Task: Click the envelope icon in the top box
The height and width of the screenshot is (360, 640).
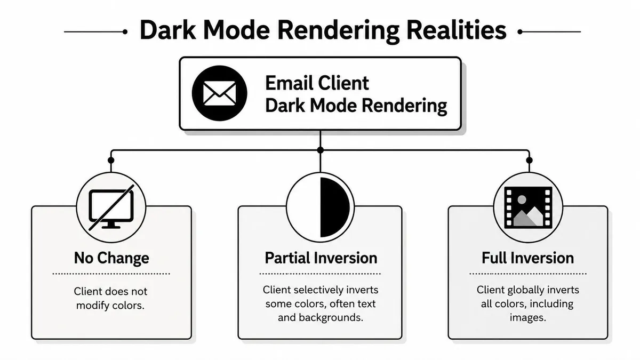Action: [219, 93]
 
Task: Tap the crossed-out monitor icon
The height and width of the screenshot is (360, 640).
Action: [111, 207]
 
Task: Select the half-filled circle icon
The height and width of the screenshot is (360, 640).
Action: [321, 207]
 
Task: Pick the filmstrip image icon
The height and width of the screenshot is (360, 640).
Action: [528, 207]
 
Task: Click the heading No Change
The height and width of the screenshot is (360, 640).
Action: [111, 258]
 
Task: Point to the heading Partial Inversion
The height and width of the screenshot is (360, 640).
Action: [321, 258]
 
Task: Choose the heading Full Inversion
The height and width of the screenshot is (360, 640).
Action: [527, 258]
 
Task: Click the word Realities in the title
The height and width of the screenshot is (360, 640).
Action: [457, 30]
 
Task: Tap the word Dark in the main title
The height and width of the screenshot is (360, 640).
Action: [168, 30]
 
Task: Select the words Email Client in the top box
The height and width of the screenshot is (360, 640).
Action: [317, 83]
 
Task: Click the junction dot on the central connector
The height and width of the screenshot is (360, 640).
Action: [321, 150]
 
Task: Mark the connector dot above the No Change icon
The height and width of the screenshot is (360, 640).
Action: [111, 161]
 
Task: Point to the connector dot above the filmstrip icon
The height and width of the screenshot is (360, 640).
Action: [529, 161]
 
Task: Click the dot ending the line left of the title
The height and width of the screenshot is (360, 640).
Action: [125, 31]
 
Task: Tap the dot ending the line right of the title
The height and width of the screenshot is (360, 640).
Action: [520, 31]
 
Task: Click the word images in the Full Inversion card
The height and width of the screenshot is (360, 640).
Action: [527, 318]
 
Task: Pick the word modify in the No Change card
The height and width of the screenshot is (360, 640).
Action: [93, 306]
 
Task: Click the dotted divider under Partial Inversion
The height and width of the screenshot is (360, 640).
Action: [320, 274]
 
